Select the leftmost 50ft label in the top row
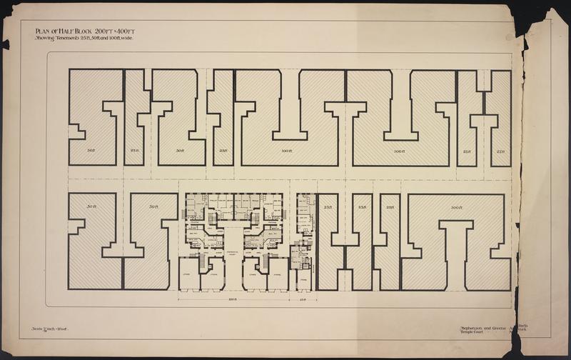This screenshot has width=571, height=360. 91,151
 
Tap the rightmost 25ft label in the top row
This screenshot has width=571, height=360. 500,151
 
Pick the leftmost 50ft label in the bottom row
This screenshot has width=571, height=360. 91,207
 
